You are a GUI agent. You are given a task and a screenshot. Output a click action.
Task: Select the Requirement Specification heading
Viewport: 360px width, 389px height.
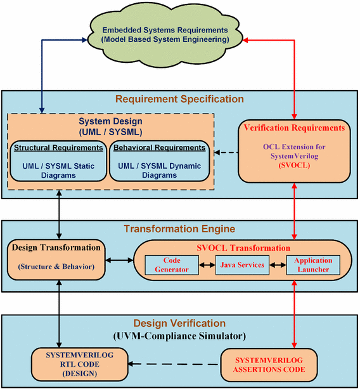[179, 99]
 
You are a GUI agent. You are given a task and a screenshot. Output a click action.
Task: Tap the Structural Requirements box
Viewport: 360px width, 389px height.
[59, 163]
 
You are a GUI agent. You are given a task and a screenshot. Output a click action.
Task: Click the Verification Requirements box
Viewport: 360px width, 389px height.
[293, 150]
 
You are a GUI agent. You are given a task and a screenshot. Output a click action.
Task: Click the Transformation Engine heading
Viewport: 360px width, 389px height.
[179, 228]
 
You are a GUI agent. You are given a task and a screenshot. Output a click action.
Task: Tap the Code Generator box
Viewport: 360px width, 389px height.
[172, 265]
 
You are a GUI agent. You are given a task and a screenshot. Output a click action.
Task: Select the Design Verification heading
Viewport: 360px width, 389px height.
[179, 322]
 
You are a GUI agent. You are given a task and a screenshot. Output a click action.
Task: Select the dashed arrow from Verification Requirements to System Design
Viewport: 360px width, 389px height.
[226, 152]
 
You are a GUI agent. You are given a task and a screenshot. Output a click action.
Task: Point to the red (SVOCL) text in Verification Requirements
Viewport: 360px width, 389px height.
[293, 164]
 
